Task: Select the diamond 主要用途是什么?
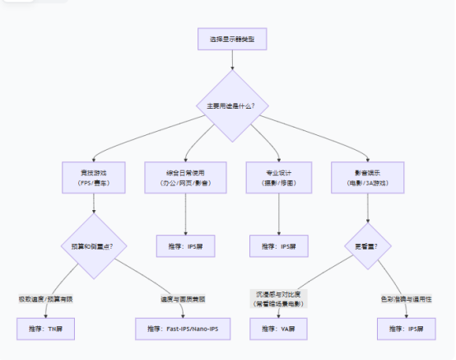click(231, 105)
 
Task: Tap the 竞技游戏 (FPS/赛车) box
click(93, 178)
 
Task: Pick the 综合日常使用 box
click(185, 178)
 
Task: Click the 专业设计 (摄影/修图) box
click(278, 178)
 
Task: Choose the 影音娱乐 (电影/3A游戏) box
click(367, 178)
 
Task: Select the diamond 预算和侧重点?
click(93, 245)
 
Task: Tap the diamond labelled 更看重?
click(367, 245)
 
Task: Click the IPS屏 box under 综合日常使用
click(185, 245)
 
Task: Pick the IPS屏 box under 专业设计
click(278, 245)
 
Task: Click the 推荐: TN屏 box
click(44, 329)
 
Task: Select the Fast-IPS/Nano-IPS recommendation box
click(184, 329)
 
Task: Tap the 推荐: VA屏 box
click(278, 329)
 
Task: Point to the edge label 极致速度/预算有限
click(44, 298)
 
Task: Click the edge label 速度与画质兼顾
click(184, 298)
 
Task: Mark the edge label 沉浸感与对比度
click(278, 297)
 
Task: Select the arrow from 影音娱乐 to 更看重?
click(367, 208)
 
